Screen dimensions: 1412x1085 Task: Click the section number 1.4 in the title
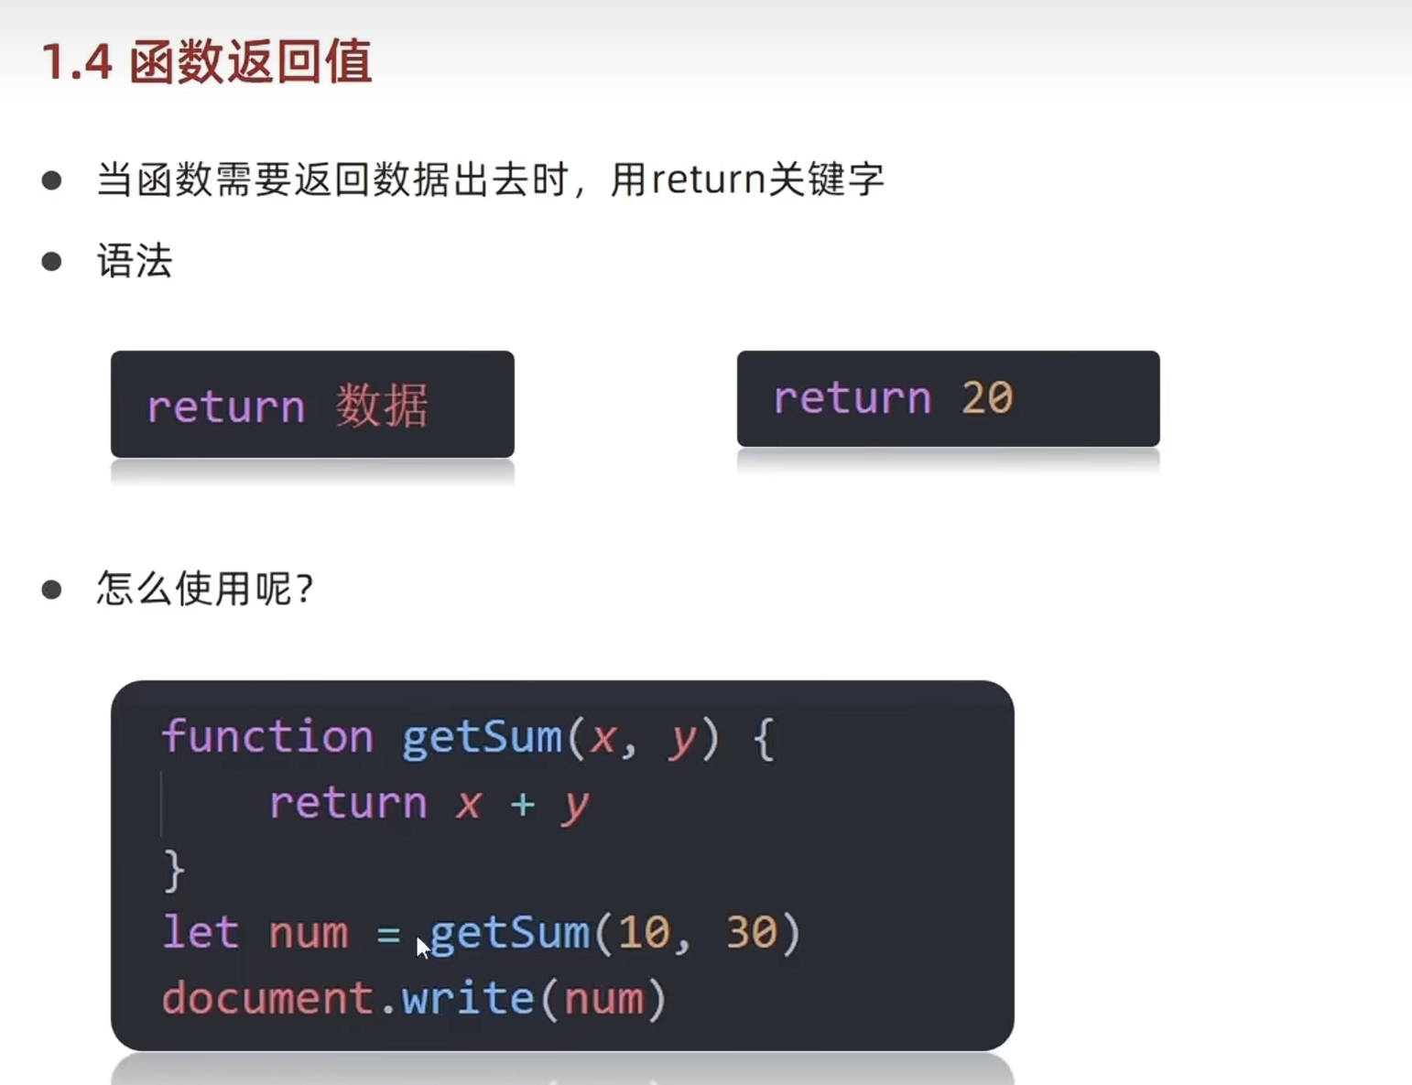[x=77, y=63]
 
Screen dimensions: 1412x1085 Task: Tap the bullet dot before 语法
[x=52, y=262]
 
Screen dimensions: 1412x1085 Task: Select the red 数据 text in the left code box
[x=382, y=406]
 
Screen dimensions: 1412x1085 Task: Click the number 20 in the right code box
[x=986, y=398]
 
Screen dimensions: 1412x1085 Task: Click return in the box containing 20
[x=852, y=398]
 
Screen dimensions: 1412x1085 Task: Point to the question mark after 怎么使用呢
[x=306, y=589]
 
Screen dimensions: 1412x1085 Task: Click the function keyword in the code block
[x=267, y=737]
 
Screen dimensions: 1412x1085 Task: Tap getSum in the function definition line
[x=482, y=737]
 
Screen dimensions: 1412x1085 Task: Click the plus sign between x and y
[x=523, y=804]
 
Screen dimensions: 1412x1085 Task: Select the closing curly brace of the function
[x=173, y=870]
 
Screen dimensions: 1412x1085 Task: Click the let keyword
[x=201, y=933]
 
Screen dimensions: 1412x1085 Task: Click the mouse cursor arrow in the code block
[x=422, y=947]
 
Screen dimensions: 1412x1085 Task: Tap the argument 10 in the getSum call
[x=644, y=933]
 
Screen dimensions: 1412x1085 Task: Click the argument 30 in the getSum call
[x=752, y=933]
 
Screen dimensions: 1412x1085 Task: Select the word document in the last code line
[x=267, y=998]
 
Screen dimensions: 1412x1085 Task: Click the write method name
[x=468, y=998]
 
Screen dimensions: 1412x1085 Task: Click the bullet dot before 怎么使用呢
[x=52, y=590]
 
